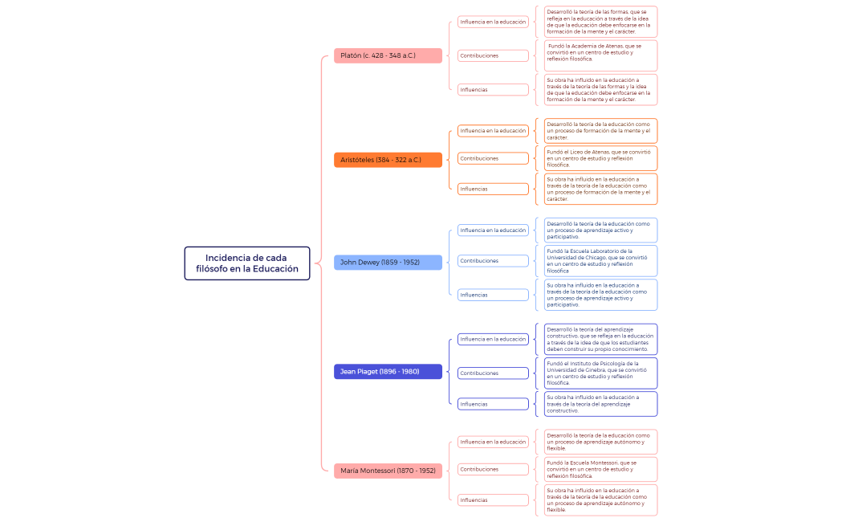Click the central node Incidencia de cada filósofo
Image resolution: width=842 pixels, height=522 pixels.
[246, 263]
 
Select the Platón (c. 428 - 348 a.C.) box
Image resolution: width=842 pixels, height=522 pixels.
[388, 55]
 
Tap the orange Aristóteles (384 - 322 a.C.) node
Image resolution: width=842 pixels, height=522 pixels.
[388, 160]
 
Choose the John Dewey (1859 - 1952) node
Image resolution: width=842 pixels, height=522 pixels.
[388, 263]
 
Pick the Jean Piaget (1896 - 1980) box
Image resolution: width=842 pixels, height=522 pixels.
[388, 372]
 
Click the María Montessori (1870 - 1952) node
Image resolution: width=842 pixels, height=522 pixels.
[388, 471]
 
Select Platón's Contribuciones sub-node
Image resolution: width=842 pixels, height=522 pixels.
[493, 55]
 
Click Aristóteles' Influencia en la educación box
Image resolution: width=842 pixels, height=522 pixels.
[493, 131]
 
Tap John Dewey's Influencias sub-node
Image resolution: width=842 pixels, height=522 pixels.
[493, 295]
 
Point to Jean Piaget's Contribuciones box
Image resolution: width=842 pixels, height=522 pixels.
[493, 373]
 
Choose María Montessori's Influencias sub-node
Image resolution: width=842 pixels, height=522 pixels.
[493, 500]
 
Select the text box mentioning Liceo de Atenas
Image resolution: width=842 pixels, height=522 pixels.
[600, 158]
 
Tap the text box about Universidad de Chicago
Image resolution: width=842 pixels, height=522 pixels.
[600, 260]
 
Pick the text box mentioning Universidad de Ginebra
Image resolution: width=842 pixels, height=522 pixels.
[600, 373]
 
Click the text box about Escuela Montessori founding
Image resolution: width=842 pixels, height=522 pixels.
[600, 469]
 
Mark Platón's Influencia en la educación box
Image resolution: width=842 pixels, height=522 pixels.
[493, 22]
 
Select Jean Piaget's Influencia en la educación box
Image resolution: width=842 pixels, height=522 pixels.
[493, 339]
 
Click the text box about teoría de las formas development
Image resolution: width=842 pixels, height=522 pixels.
[600, 22]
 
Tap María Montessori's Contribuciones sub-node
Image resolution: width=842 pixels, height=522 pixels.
[493, 469]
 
